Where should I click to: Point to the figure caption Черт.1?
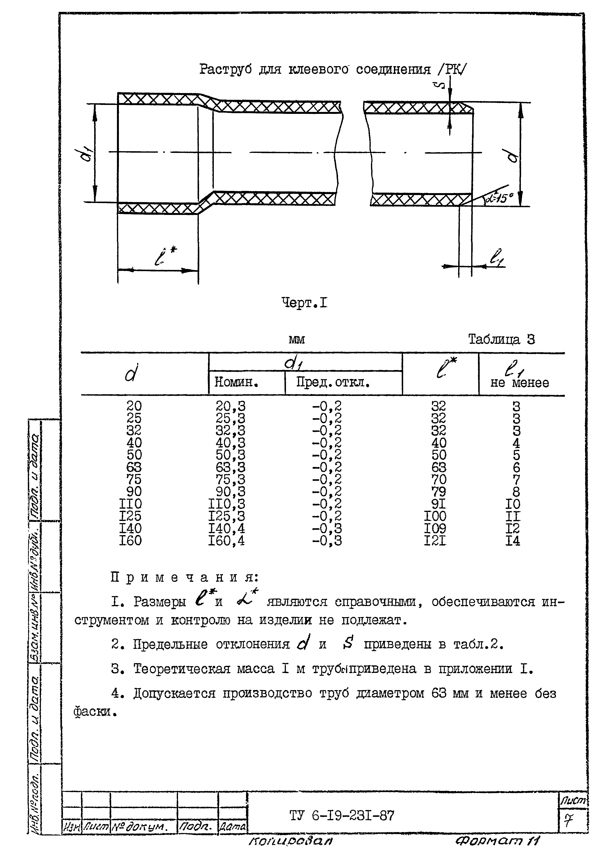[304, 303]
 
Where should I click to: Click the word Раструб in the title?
[225, 69]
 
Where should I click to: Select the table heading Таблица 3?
[501, 339]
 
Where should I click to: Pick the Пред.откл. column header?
[333, 382]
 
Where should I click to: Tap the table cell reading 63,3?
[230, 467]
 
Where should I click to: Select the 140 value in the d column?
[130, 529]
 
